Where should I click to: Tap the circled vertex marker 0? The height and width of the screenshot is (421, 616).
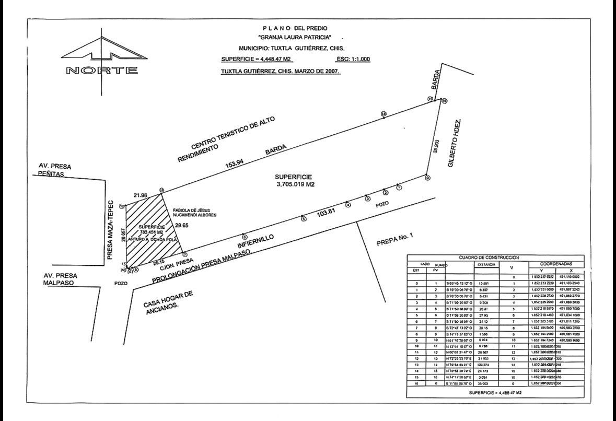coord(427,178)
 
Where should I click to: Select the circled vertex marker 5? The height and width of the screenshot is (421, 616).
coord(303,219)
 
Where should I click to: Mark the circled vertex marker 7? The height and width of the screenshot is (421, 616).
coord(184,254)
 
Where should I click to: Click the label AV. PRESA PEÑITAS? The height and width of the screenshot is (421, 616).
coord(55,170)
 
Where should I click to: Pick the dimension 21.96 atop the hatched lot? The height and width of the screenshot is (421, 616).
coord(141,195)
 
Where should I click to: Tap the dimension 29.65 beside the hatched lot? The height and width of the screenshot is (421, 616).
coord(181,226)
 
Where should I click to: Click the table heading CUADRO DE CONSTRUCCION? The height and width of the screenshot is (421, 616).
coord(489,258)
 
